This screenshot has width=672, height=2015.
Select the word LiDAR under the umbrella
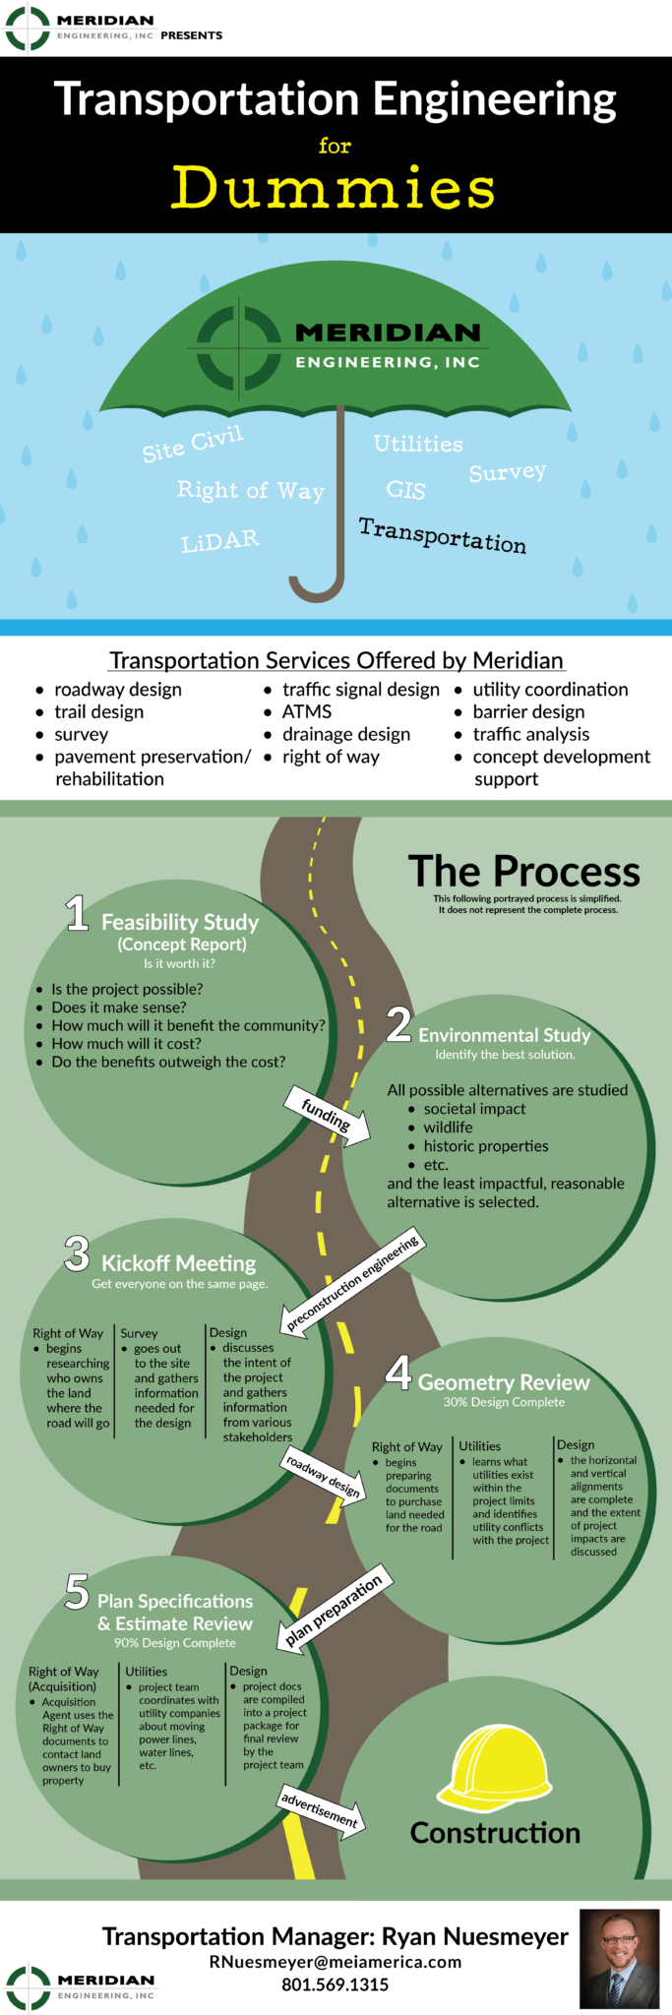click(220, 541)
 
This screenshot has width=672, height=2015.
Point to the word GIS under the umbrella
click(405, 489)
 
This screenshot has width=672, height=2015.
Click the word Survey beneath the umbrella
click(508, 472)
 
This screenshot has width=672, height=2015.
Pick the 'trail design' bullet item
click(98, 711)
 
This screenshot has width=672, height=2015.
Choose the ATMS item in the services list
click(306, 711)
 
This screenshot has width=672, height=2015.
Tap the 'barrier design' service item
click(528, 711)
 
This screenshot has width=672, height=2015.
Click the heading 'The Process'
click(523, 871)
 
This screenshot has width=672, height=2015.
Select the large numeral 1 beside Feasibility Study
click(77, 913)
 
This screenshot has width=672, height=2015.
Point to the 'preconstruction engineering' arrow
click(352, 1282)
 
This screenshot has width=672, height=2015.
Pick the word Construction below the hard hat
click(495, 1833)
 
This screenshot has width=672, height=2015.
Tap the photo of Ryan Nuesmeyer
click(619, 1959)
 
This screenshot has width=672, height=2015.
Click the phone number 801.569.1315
click(336, 1984)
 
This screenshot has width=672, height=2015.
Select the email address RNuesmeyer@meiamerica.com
click(336, 1962)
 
